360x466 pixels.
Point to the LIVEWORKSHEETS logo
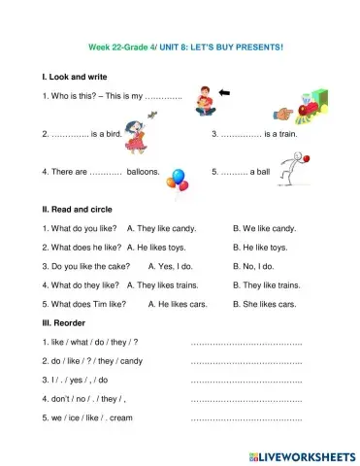302,455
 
